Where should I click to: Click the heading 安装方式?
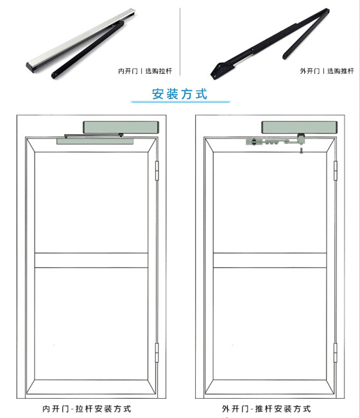[179, 94]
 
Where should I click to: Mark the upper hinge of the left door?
[157, 172]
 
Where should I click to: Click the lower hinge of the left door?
[157, 353]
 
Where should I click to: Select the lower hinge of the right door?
[335, 353]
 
